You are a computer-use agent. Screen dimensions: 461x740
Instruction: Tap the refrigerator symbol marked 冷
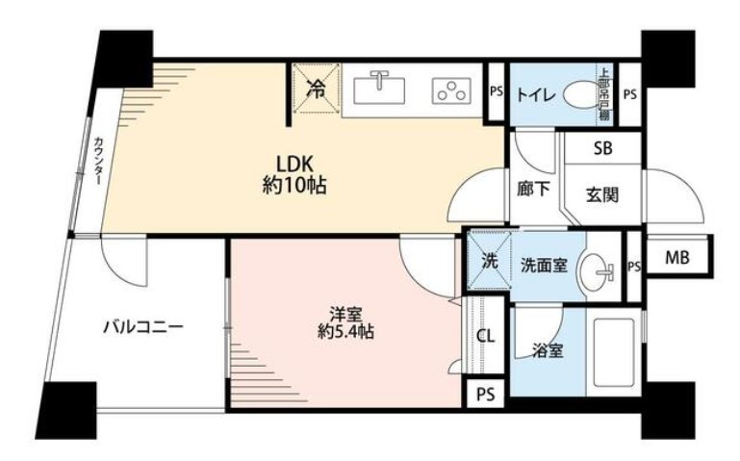(x=315, y=90)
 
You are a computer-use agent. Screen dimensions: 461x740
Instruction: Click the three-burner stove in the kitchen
(x=449, y=90)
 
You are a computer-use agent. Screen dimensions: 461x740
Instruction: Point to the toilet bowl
(x=580, y=95)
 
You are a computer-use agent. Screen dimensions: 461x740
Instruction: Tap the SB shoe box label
(x=602, y=148)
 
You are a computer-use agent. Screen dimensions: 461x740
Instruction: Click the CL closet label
(x=487, y=336)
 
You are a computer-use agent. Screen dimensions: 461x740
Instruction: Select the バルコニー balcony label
(x=143, y=327)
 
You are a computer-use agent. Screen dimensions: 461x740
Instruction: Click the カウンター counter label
(x=99, y=161)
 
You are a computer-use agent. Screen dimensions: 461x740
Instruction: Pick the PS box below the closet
(x=485, y=394)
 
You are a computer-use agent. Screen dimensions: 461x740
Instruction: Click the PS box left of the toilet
(x=496, y=92)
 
